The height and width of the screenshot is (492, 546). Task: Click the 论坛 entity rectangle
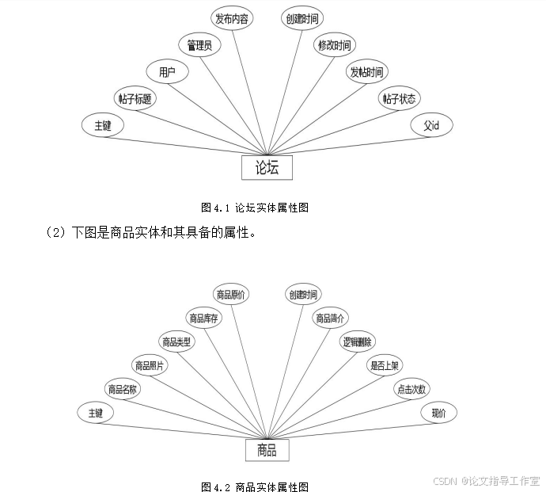267,167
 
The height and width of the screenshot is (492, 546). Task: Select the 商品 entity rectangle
267,450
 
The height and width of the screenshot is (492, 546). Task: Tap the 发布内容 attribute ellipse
233,18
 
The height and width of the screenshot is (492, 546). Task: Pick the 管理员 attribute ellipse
199,45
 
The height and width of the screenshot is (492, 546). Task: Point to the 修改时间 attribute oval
334,44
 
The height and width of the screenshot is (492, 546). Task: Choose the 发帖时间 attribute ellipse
367,72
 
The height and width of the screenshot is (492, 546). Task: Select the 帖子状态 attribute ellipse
400,99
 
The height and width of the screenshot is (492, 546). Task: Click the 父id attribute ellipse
431,125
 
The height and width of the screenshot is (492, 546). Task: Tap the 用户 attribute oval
167,72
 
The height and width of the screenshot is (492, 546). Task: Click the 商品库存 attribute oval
203,318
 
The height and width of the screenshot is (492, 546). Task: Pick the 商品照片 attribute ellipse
150,365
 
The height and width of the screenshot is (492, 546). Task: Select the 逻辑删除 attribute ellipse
358,341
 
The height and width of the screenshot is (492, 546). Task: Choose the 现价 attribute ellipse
438,412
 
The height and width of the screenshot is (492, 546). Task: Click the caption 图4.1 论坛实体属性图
255,208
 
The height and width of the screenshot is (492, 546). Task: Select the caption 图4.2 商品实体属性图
255,486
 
